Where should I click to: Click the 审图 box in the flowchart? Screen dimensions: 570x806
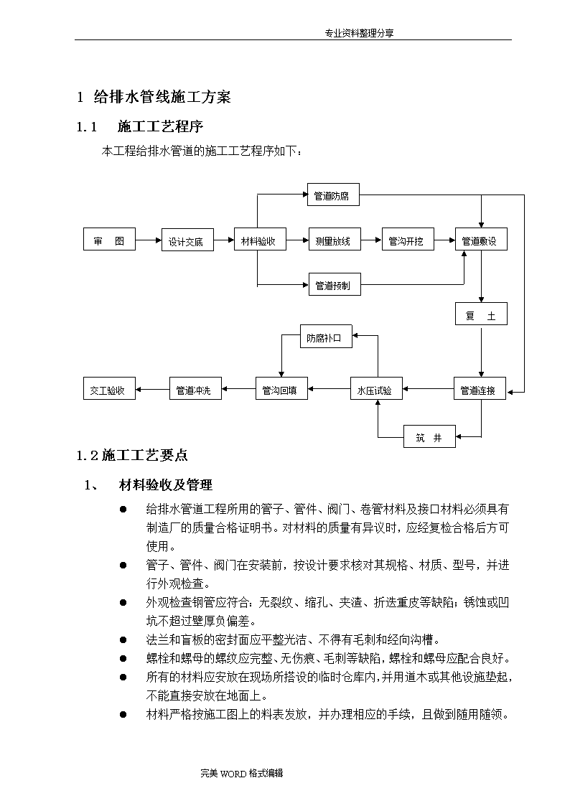(x=109, y=239)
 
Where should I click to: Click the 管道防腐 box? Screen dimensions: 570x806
(x=333, y=195)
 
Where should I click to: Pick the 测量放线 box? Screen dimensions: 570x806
(x=335, y=239)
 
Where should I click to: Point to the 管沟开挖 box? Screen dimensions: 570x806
(x=408, y=239)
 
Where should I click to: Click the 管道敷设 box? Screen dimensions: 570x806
(x=481, y=239)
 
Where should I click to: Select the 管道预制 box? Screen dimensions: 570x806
(x=335, y=284)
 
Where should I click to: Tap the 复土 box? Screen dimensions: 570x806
(x=481, y=314)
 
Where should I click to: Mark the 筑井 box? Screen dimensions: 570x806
(x=430, y=436)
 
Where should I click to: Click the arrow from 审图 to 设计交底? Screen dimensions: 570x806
(x=149, y=240)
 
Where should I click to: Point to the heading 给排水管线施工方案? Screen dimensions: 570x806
(x=162, y=97)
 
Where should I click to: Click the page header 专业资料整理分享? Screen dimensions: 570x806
(x=359, y=34)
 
